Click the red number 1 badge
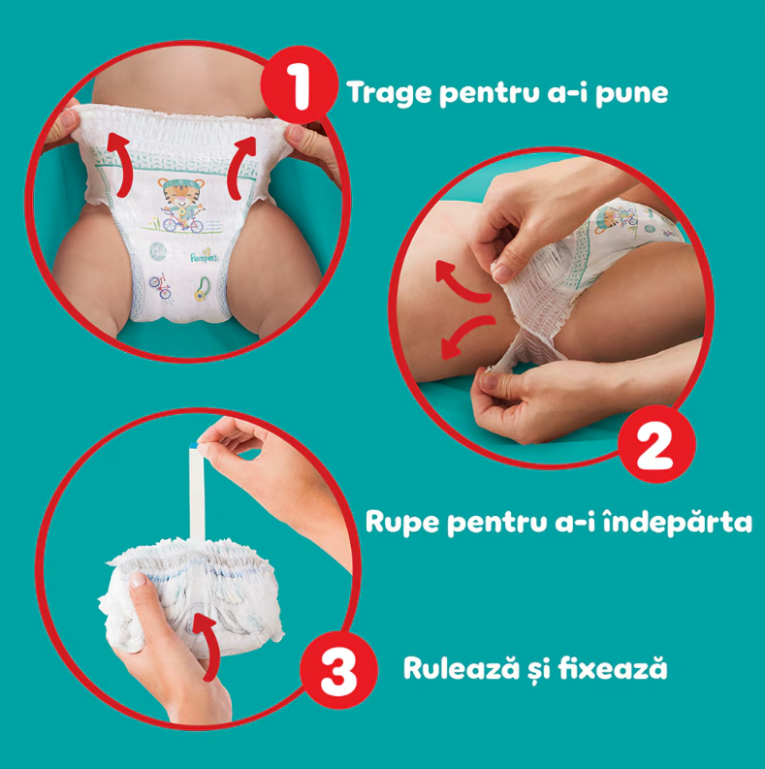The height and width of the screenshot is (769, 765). point(300,84)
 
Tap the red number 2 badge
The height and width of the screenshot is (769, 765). point(656,444)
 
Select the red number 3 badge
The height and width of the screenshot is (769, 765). point(338,670)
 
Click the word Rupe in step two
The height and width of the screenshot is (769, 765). point(402,523)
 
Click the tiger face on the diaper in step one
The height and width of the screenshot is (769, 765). point(180,194)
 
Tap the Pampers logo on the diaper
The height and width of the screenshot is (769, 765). point(205,255)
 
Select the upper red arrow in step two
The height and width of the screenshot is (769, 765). point(461,280)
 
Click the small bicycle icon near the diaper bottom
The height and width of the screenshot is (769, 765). point(161,286)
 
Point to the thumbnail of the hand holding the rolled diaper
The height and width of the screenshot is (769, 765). point(138,580)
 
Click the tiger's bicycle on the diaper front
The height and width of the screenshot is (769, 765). point(182,223)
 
